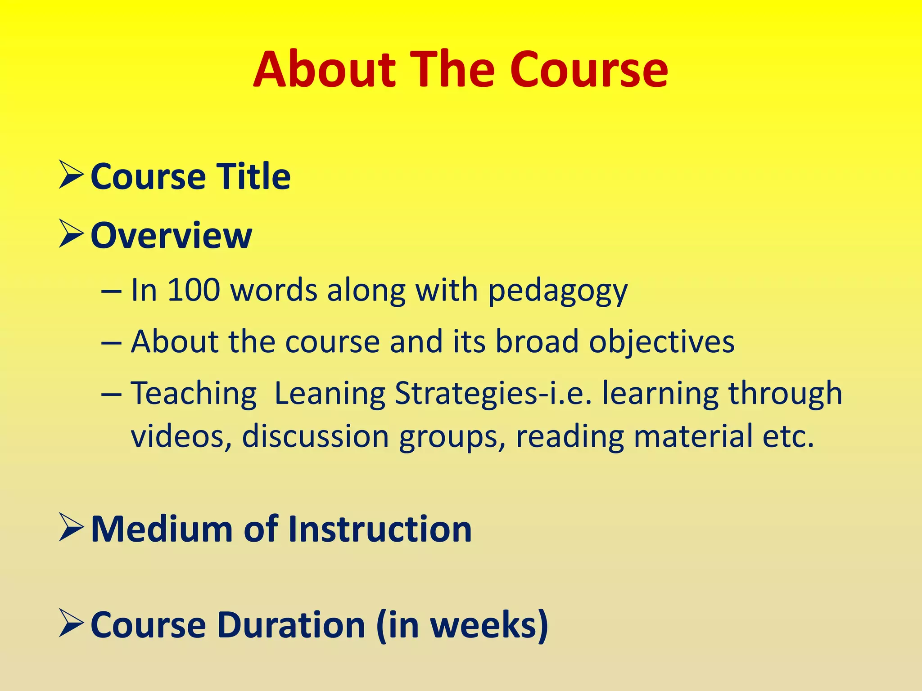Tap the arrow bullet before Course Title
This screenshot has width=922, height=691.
click(71, 176)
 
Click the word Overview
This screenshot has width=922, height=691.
click(171, 235)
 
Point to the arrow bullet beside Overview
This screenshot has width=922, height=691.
click(71, 235)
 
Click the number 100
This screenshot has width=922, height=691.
click(194, 290)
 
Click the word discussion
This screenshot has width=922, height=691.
click(315, 436)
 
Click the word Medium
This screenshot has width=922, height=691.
click(162, 529)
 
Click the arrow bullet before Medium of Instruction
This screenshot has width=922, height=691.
click(71, 529)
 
